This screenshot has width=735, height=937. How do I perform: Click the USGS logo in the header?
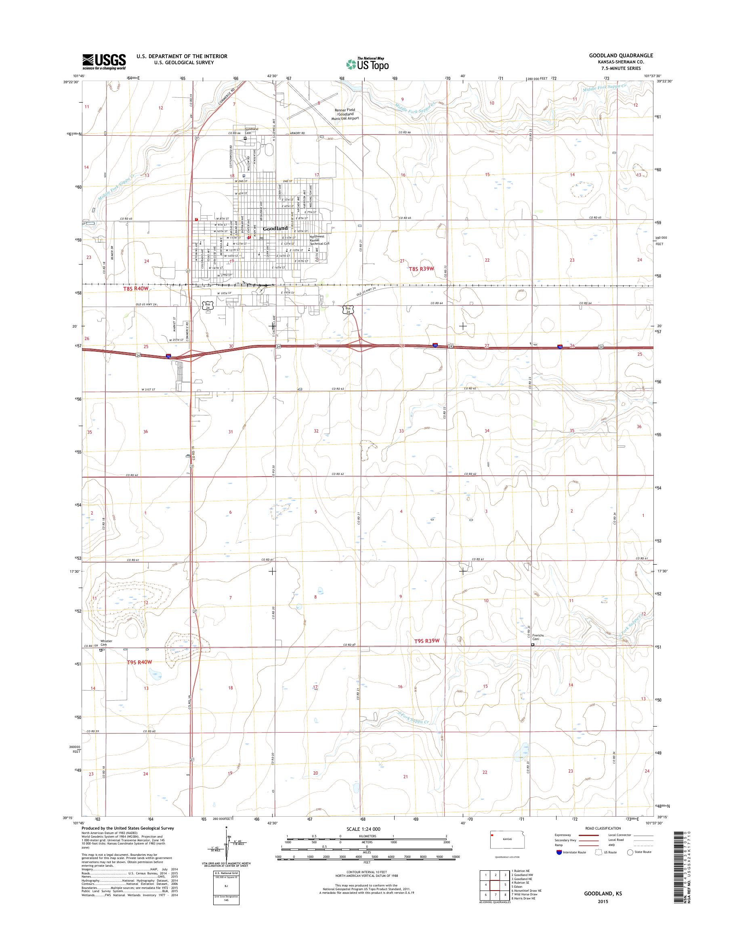[x=104, y=61]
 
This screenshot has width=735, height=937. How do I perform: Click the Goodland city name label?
[x=275, y=229]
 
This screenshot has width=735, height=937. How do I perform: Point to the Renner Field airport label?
[x=347, y=113]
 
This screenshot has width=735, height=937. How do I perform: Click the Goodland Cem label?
[x=252, y=131]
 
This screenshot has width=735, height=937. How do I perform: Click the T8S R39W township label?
[x=422, y=269]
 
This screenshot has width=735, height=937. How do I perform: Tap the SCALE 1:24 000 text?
[x=363, y=829]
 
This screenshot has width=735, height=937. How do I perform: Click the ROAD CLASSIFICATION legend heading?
[x=603, y=828]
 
